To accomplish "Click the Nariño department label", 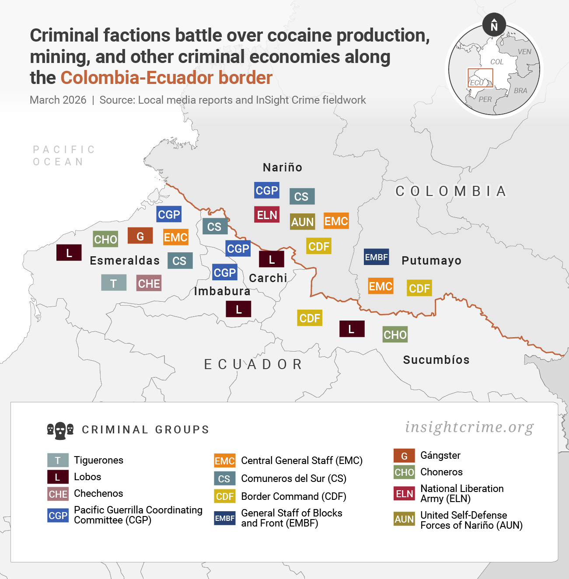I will tap(283, 167).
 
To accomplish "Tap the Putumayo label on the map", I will tap(431, 261).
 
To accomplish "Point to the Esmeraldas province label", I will tap(125, 261).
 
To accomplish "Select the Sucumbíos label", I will tap(436, 360).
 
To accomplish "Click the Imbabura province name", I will tap(222, 291).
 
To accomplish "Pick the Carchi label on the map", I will tap(268, 278).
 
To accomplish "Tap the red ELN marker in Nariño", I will tap(267, 215).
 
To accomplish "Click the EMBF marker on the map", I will tap(376, 257).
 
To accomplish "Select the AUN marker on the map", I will tap(302, 222).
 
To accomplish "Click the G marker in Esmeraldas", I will tap(140, 236).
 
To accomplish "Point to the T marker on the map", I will tap(114, 283).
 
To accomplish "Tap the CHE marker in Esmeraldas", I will tap(149, 283).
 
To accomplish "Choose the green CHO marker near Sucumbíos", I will tap(395, 335).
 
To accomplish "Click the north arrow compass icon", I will tap(494, 25).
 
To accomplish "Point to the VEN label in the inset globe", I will tap(524, 52).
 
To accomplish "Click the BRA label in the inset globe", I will tap(520, 91).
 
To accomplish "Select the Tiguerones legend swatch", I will tap(58, 460).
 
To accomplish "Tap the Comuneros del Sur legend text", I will tap(293, 478).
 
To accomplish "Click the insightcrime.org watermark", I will tap(469, 427).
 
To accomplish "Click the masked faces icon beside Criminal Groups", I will tap(60, 430).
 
